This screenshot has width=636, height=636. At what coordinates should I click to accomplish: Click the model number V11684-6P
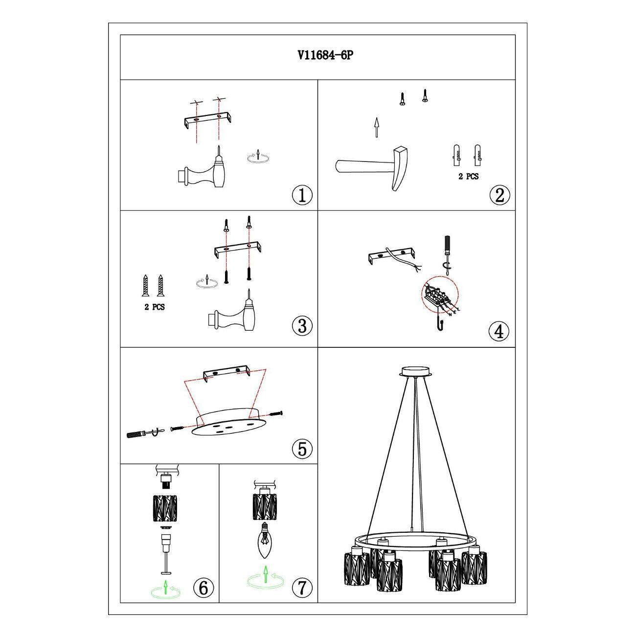(x=325, y=55)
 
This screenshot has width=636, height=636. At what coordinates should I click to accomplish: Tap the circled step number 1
(x=302, y=195)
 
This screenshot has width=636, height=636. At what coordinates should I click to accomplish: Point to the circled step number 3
(x=302, y=326)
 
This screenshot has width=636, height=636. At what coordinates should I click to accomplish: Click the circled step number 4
(x=499, y=331)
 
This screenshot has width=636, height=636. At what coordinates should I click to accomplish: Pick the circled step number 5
(x=302, y=449)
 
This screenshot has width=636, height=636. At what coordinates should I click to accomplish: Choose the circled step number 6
(x=204, y=588)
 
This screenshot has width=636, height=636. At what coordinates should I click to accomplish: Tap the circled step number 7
(x=302, y=588)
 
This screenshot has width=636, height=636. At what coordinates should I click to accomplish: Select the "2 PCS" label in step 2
(x=468, y=177)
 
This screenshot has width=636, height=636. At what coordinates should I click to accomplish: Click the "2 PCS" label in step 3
(x=155, y=307)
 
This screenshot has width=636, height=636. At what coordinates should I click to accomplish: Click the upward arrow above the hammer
(x=376, y=127)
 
